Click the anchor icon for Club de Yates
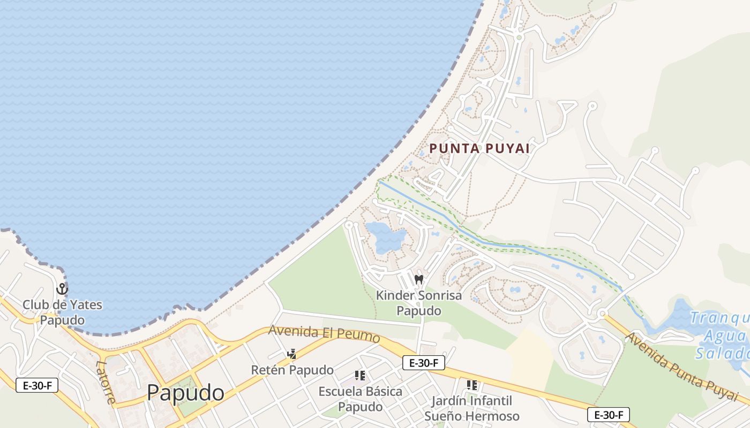pos(62,289)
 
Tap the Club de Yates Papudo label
pos(62,312)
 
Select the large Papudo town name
pos(185,393)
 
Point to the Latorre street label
pos(106,381)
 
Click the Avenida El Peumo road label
pos(324,334)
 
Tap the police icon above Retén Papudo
pos(291,354)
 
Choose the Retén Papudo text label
pos(292,370)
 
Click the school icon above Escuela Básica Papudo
pos(360,376)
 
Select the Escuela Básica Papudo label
pos(360,399)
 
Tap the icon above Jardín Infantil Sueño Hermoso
pos(472,385)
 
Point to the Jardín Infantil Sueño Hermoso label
pos(472,408)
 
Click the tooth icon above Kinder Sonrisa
pos(419,279)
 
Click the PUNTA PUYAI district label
pos(480,148)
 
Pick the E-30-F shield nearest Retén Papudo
pos(424,363)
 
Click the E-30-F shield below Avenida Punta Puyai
pos(609,415)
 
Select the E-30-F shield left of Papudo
pos(37,385)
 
